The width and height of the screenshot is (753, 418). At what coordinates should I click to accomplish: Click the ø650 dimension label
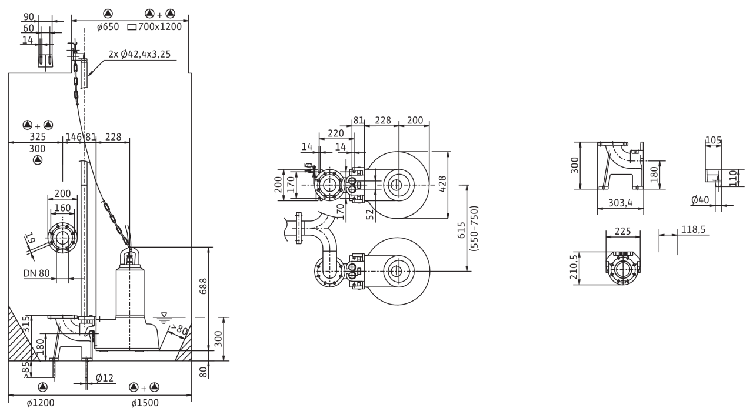pos(108,27)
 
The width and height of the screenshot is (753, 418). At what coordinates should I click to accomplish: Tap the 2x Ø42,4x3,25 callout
pos(139,54)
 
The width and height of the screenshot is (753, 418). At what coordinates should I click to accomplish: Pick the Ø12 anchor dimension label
pos(105,377)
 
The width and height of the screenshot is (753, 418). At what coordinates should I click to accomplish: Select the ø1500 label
pos(145,403)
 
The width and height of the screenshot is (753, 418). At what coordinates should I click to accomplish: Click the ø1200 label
pos(41,403)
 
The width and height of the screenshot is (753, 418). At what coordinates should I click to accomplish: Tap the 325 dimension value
pos(38,137)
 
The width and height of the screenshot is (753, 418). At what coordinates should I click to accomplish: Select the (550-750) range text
pos(474,228)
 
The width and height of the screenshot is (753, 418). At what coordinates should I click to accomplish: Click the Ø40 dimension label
pos(700,200)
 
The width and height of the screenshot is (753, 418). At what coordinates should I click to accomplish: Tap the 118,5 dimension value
pos(693,229)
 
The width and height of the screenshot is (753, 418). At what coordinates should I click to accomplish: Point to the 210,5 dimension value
pos(574,267)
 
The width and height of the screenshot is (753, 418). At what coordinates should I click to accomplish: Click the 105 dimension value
pos(713,140)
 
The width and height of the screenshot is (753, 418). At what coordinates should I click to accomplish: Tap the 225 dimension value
pos(622,231)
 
